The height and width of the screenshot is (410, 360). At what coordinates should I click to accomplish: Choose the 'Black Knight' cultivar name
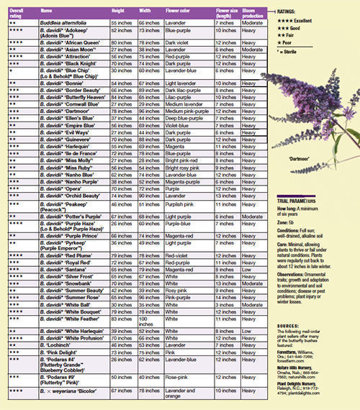(68, 63)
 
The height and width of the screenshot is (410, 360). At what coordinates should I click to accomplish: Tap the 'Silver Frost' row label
(68, 276)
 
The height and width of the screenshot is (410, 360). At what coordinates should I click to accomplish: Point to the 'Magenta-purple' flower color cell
(184, 182)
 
